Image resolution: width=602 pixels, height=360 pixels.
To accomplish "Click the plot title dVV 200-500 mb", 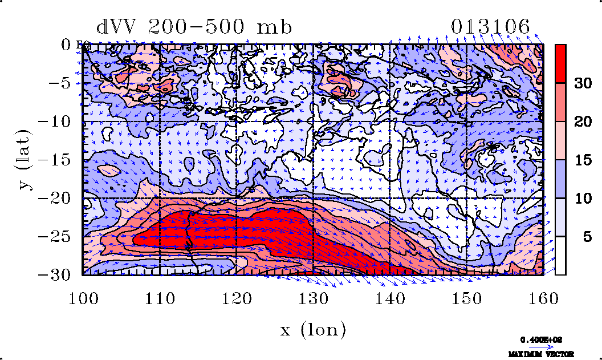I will (194, 27).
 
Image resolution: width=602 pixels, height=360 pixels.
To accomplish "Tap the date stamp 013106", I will (490, 27).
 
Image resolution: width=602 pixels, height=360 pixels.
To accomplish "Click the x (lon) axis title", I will (313, 329).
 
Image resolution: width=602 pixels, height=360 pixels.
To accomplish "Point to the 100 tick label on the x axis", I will (83, 298).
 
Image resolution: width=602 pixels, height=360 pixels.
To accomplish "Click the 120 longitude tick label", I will (236, 298).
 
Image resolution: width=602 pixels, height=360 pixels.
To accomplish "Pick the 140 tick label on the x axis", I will (389, 298).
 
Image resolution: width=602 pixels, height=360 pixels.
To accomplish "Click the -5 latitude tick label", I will (64, 83).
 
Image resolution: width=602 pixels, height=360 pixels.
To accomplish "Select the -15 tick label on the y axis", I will (60, 160).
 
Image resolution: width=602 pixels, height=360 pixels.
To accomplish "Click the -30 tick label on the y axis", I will (60, 275).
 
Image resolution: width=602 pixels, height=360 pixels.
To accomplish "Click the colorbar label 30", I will (582, 83).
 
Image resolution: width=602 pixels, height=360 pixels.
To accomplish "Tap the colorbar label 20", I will (582, 122).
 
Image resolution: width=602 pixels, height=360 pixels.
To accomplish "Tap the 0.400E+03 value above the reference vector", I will (541, 339).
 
